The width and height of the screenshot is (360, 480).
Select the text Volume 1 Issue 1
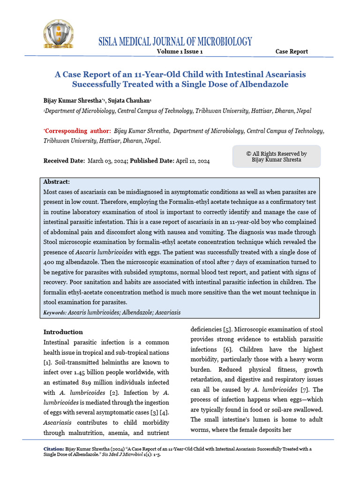point(180,52)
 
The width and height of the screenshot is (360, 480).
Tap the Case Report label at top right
point(292,52)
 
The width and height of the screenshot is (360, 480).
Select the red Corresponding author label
point(77,131)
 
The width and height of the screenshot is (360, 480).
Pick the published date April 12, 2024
point(193,161)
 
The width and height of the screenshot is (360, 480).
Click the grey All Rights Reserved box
point(277,157)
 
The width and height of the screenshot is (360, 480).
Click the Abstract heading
point(56,182)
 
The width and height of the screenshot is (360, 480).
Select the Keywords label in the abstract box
point(54,312)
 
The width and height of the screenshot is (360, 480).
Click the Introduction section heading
point(63,332)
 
